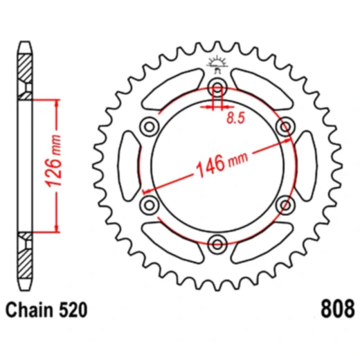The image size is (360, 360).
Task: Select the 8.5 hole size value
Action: (236, 118)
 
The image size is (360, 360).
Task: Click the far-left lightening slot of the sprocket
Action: (129, 165)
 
